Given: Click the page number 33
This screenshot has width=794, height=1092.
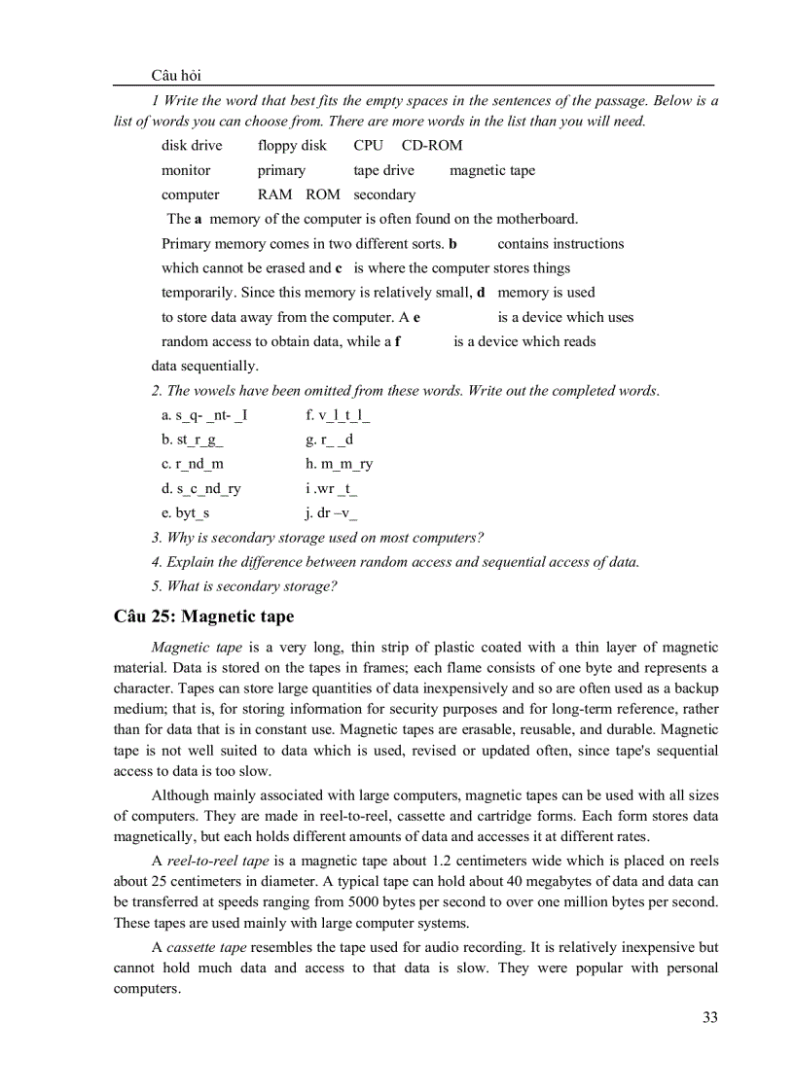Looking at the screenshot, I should point(709,1017).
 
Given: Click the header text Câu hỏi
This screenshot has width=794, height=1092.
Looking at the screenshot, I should point(176,76).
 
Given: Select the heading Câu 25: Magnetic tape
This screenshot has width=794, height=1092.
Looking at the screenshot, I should point(203,616).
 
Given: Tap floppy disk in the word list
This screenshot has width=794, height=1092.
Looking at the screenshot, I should point(292,145).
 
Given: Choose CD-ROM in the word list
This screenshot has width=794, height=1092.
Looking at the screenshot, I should point(432,145).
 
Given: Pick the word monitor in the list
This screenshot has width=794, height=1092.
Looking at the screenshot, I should point(186,170).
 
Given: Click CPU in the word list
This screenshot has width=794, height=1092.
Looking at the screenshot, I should point(369,145).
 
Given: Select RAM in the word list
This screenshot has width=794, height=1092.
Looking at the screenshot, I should point(274,194).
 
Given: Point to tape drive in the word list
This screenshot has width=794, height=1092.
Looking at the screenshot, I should point(383,170).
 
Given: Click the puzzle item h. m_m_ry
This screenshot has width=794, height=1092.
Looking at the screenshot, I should point(339,464).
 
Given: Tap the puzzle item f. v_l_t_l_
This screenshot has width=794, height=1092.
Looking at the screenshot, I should point(338,415).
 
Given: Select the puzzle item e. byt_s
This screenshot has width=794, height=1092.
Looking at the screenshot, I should point(186,512).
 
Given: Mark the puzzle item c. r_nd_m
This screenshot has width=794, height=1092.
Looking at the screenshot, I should point(192,464).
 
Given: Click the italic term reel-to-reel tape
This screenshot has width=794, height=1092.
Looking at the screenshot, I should point(217,862).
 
